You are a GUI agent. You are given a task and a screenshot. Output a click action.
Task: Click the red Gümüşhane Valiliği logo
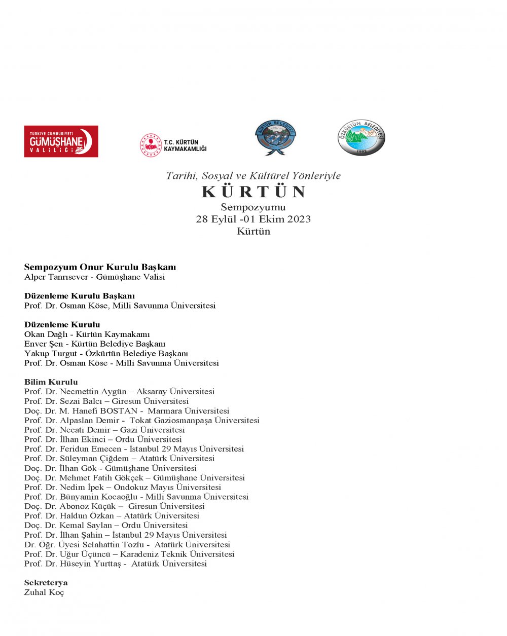click(61, 141)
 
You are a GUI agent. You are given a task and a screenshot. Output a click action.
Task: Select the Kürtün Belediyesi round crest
click(275, 138)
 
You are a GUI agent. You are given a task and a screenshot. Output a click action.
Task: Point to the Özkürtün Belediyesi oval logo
click(361, 138)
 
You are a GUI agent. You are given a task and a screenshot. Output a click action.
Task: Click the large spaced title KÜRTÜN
click(253, 192)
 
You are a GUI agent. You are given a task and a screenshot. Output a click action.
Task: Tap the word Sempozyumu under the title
click(253, 207)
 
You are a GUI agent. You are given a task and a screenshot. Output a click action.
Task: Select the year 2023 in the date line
click(299, 219)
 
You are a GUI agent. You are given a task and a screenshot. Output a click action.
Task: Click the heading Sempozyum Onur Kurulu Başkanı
click(100, 267)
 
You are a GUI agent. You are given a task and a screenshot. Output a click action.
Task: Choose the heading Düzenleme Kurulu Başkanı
click(80, 296)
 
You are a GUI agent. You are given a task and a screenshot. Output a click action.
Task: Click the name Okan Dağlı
click(46, 334)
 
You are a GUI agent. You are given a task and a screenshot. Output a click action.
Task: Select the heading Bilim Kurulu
click(51, 382)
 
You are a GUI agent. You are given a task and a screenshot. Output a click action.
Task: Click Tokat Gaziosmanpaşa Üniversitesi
click(194, 421)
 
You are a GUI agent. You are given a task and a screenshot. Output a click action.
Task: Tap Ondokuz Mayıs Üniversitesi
click(167, 488)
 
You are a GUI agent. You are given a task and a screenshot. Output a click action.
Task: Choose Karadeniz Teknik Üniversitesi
click(177, 554)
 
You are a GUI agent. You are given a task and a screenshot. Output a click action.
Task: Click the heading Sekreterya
click(46, 583)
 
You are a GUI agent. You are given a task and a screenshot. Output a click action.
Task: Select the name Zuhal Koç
click(44, 592)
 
